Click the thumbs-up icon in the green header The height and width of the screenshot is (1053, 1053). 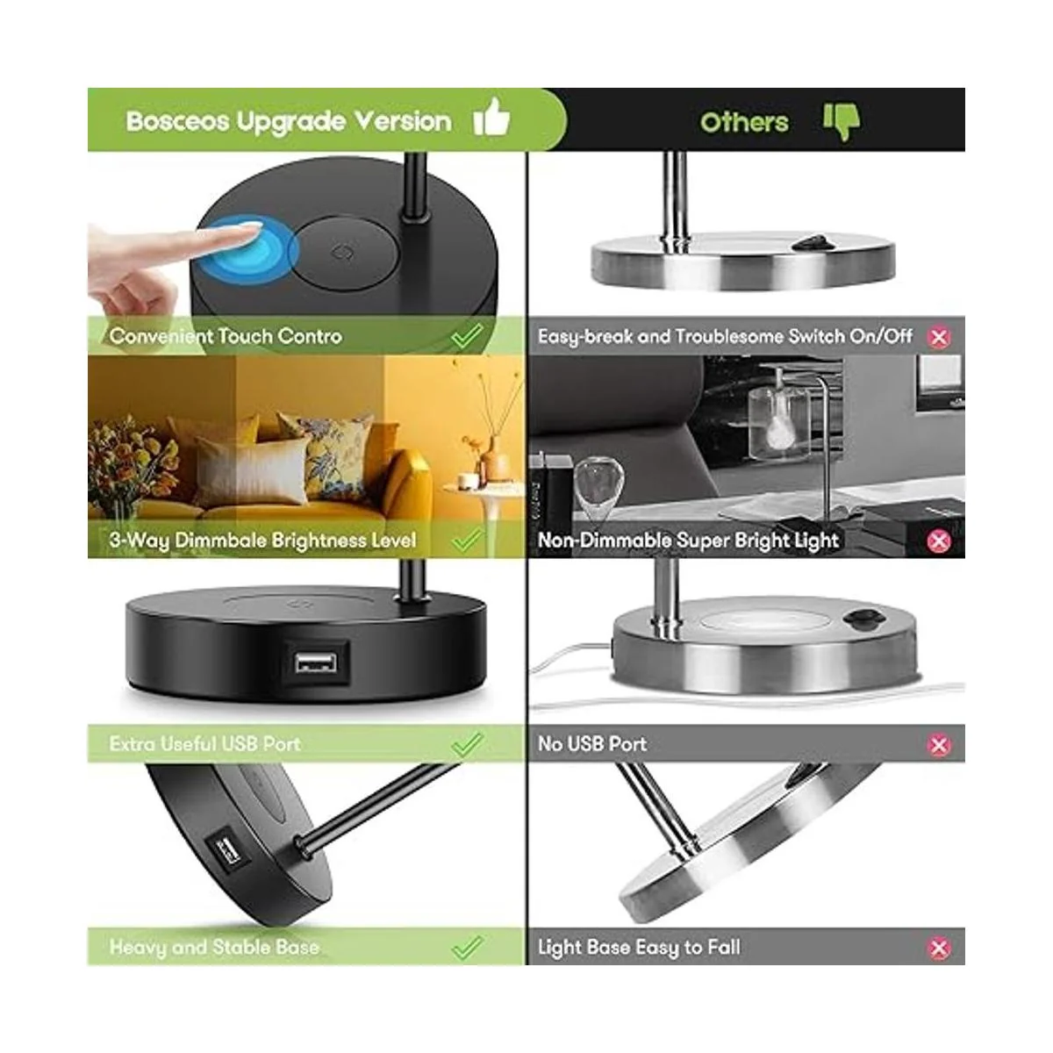[491, 117]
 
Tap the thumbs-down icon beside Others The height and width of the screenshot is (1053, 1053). [842, 122]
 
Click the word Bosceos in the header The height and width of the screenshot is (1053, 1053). [177, 121]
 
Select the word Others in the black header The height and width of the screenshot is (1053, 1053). [744, 122]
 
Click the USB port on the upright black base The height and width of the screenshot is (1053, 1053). [315, 663]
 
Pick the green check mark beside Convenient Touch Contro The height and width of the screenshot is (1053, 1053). [467, 335]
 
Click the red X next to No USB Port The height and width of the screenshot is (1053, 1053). [939, 745]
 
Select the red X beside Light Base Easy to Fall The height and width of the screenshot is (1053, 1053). [939, 948]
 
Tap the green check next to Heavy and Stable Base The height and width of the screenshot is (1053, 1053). [467, 947]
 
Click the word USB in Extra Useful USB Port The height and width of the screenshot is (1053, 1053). [238, 744]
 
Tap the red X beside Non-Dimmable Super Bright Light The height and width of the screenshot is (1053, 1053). [939, 541]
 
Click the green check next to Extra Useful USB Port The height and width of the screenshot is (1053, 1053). [467, 744]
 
